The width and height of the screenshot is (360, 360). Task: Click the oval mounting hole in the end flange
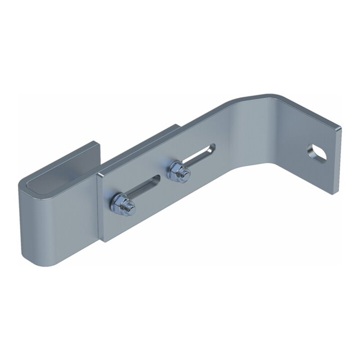317,153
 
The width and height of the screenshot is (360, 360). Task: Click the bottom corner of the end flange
333,193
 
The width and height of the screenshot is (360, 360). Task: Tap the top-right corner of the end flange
338,128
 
